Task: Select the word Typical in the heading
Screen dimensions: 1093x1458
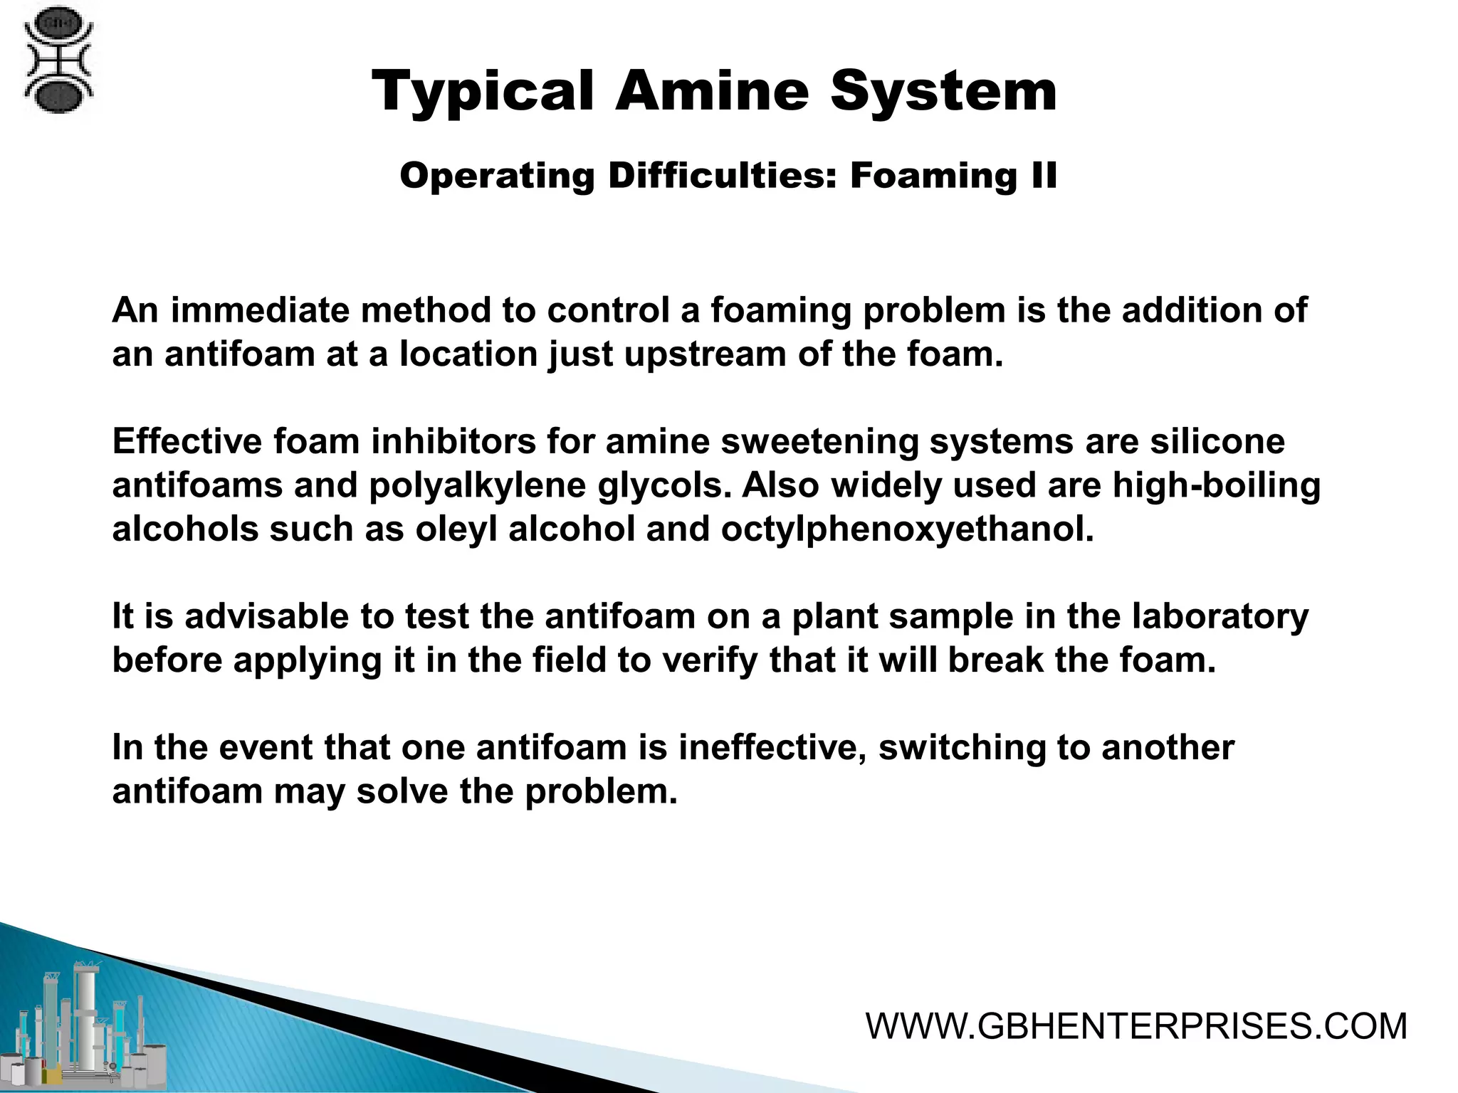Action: (483, 93)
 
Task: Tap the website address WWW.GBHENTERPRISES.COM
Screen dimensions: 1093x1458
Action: (1136, 1026)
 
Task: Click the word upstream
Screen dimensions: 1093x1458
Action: (705, 354)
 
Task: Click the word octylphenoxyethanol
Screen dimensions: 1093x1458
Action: (907, 529)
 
